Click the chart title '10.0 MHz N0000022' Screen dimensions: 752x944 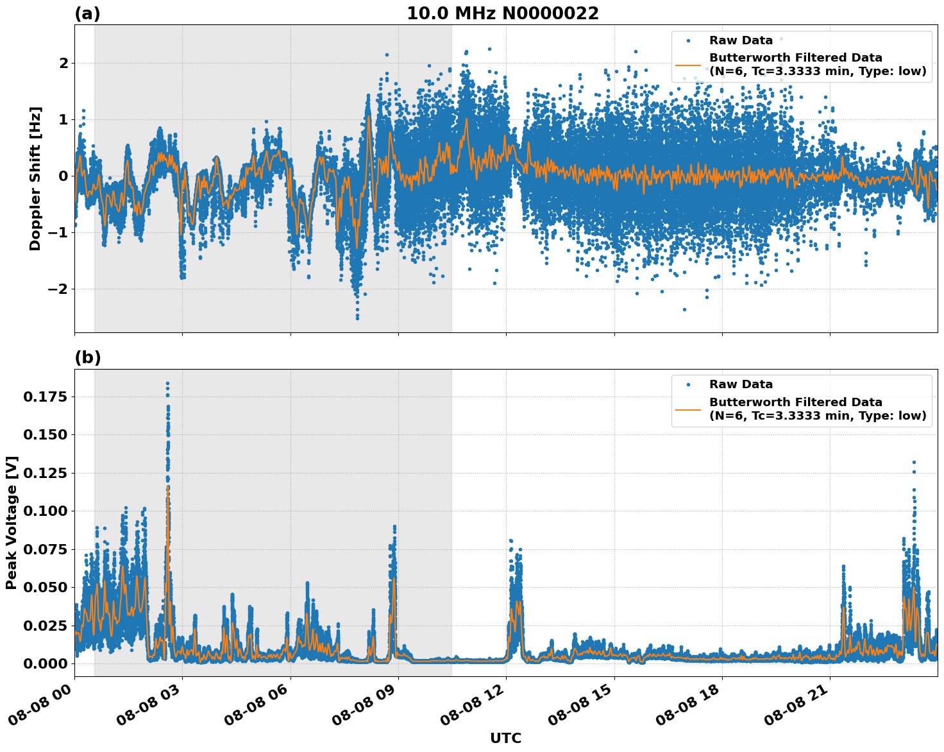pos(503,13)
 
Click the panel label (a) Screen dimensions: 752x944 pos(87,13)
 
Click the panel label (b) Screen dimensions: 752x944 pos(87,357)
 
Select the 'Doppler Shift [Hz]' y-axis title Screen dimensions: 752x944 pos(35,178)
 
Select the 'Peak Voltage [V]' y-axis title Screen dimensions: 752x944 pos(12,522)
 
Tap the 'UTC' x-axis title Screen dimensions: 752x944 pos(505,738)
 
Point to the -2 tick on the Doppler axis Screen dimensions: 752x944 pos(58,289)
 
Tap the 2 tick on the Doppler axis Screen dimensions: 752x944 pos(63,63)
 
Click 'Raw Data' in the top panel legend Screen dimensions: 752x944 pos(741,40)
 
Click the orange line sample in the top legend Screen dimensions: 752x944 pos(688,65)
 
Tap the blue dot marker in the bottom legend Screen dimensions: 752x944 pos(688,384)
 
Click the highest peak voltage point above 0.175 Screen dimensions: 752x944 pos(167,384)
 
